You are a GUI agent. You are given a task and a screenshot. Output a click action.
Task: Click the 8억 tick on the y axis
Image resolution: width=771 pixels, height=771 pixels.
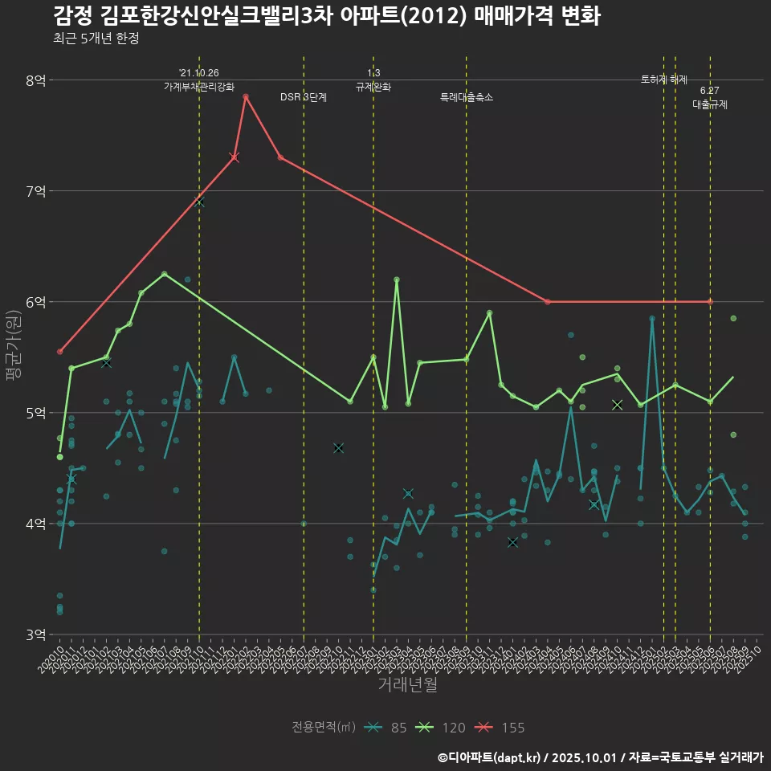[36, 80]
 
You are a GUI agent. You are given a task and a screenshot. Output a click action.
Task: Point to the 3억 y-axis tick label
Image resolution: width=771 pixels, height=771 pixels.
[36, 634]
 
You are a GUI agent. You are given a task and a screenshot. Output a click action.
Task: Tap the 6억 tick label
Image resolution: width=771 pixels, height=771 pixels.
[36, 302]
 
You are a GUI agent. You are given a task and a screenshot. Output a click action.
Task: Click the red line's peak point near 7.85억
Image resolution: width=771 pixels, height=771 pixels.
[246, 96]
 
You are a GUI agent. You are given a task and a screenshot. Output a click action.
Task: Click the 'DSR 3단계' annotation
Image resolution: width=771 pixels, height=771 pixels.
[304, 97]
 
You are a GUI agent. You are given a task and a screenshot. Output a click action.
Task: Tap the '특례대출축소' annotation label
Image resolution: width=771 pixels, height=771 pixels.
[467, 97]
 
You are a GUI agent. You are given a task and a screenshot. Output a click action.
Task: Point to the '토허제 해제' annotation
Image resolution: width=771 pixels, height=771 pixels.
[664, 80]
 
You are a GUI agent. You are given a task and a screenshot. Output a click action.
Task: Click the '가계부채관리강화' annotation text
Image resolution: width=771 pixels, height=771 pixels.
[199, 86]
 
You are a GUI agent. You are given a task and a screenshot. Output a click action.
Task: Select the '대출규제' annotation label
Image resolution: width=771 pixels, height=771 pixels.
[710, 104]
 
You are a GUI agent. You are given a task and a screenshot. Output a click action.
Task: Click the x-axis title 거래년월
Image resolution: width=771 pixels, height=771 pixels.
[408, 685]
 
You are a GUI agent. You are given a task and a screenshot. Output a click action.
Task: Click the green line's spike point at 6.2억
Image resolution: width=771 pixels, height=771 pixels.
[397, 279]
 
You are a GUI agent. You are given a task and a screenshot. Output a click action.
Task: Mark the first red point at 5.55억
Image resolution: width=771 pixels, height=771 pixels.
[60, 352]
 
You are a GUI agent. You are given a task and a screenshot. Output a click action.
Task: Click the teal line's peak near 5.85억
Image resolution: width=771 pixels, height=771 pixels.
[652, 319]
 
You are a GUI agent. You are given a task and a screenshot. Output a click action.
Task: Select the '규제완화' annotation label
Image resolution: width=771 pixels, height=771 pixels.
[373, 86]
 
